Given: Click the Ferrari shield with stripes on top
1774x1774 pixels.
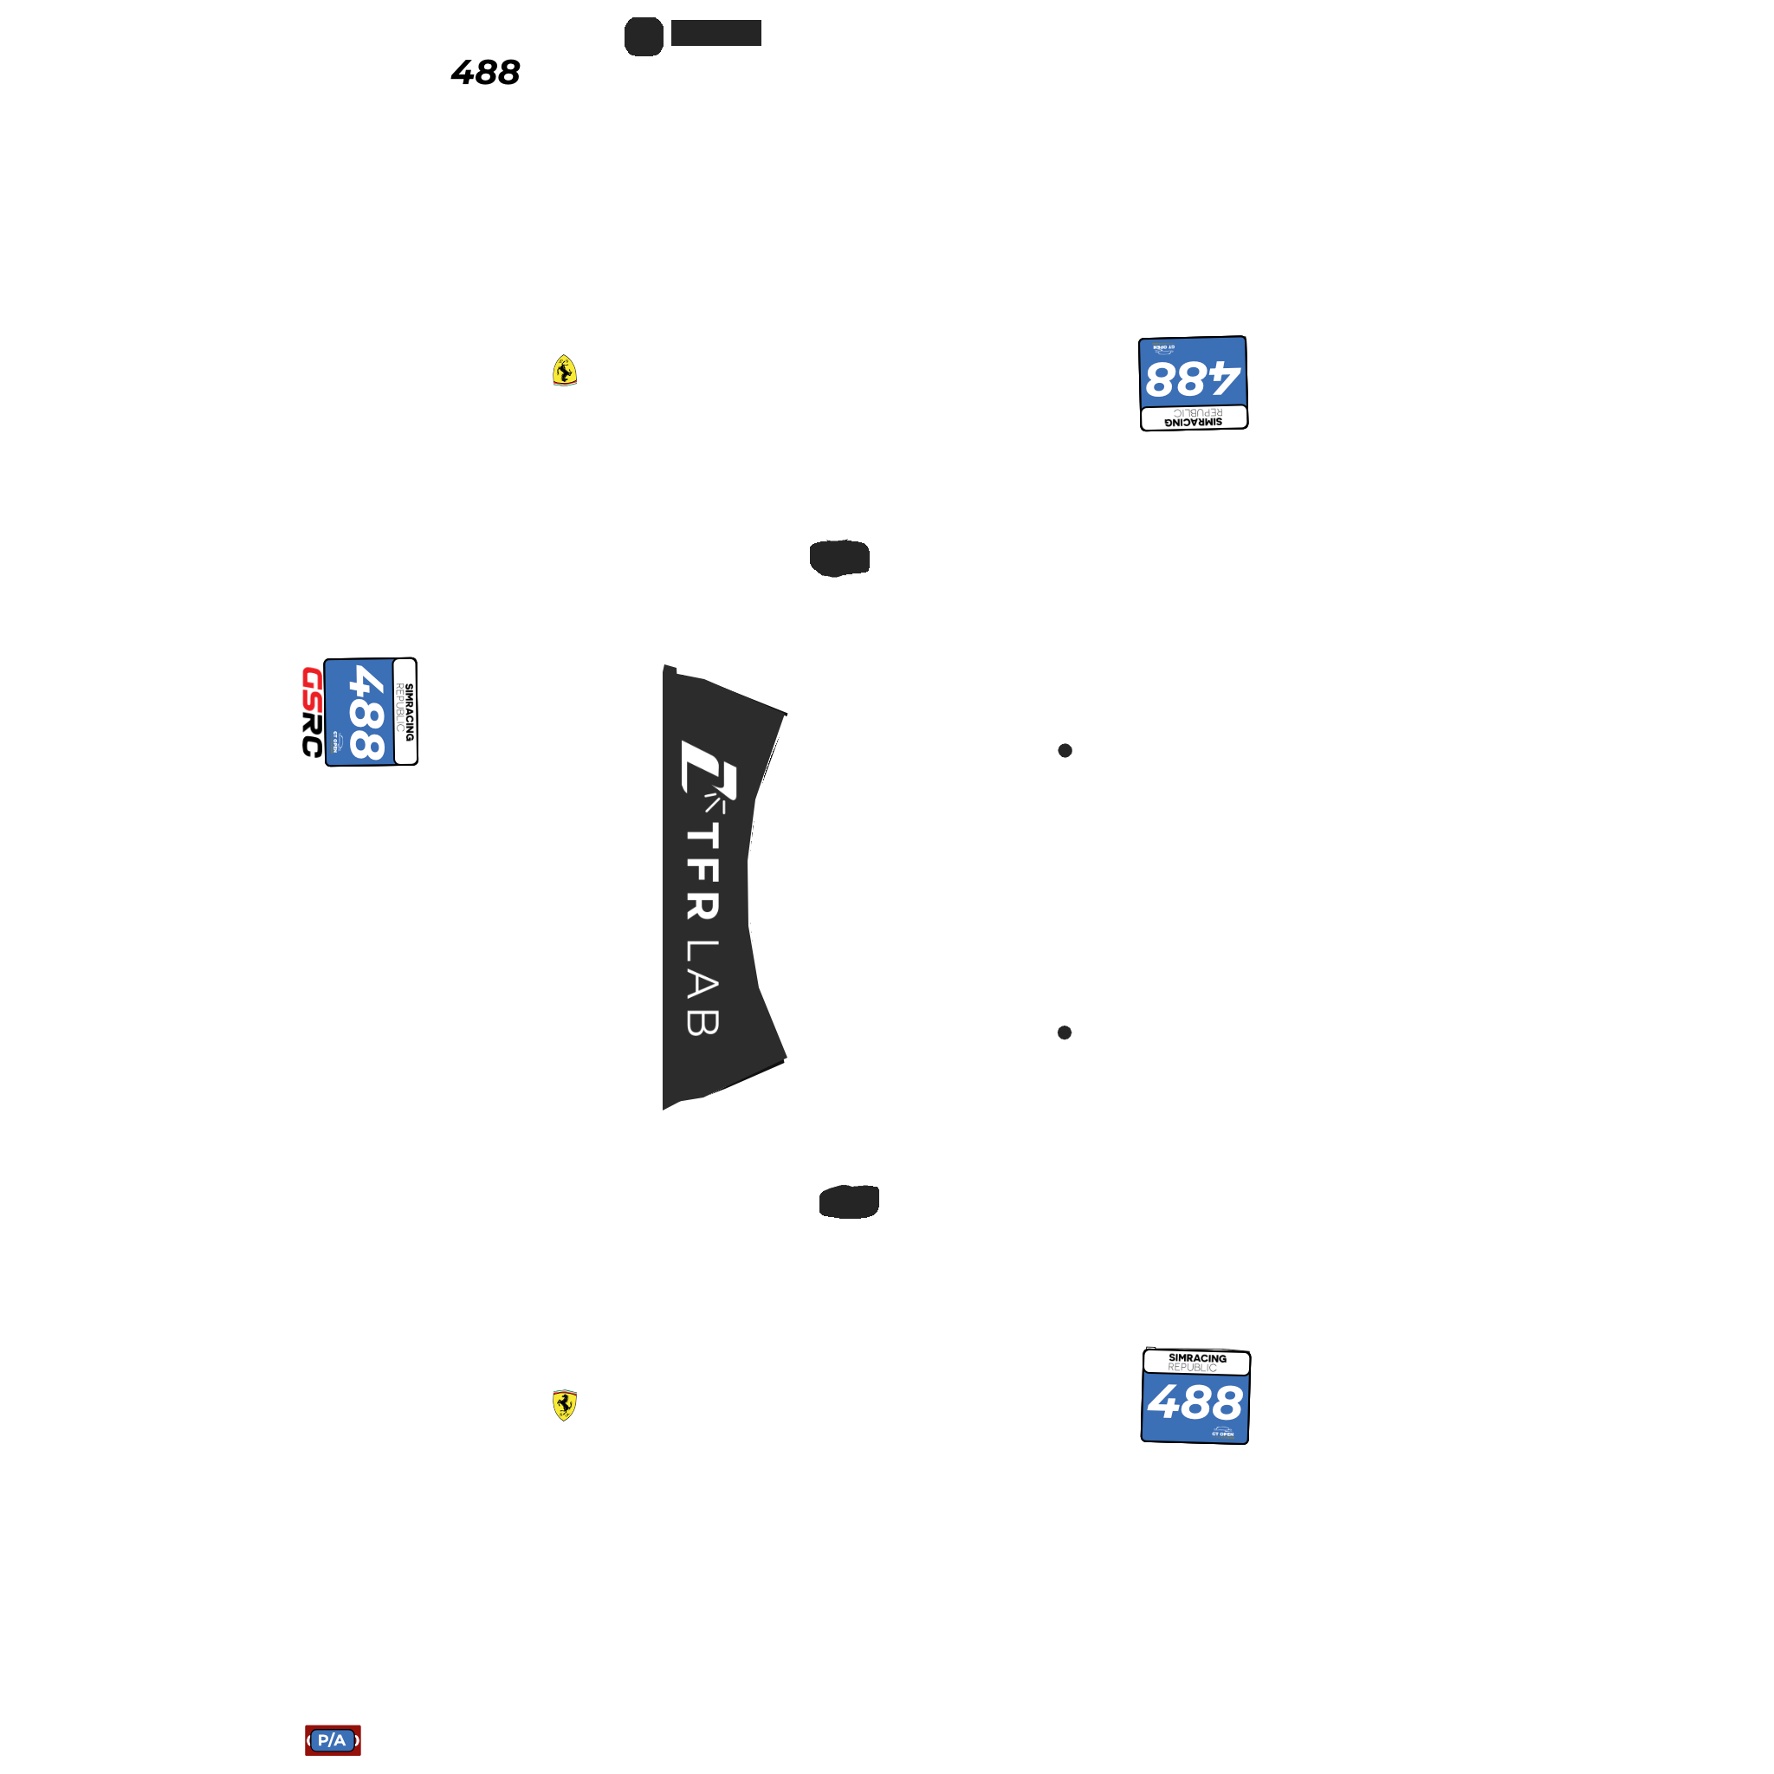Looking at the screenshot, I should [x=565, y=1405].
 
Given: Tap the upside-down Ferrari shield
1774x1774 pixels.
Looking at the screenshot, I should [x=565, y=371].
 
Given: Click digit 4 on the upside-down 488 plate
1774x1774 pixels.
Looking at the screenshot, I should [x=1225, y=379].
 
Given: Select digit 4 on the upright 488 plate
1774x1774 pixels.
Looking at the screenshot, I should [x=1165, y=1402].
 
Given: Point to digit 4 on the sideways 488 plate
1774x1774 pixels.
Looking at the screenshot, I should [x=367, y=684].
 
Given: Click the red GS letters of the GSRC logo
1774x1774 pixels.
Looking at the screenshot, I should [x=312, y=689].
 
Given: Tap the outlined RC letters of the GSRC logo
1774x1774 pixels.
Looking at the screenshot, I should [x=312, y=735].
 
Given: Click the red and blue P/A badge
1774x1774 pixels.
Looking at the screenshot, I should [x=333, y=1740].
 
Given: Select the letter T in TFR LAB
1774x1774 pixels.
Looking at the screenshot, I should [x=702, y=836].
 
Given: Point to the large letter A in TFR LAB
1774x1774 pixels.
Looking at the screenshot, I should [x=702, y=985].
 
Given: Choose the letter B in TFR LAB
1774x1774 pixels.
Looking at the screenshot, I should [x=702, y=1023].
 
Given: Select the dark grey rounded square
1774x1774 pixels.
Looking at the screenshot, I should [x=644, y=36].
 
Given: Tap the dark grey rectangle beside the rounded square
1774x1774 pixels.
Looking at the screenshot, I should [x=716, y=32].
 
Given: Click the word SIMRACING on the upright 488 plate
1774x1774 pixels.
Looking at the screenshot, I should [x=1197, y=1358].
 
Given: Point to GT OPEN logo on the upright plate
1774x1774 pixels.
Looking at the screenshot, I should [x=1222, y=1433].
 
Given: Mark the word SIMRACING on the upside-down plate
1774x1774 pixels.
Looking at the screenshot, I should [x=1194, y=423].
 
